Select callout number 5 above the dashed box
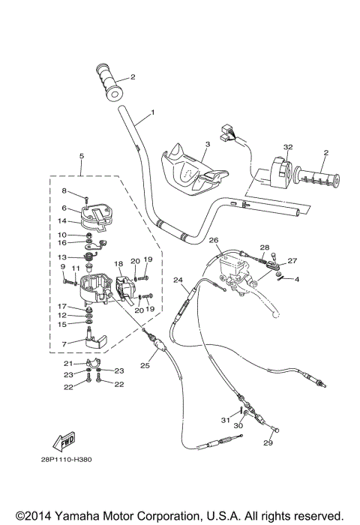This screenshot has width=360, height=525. [x=81, y=156]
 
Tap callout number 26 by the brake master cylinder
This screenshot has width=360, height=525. [x=214, y=240]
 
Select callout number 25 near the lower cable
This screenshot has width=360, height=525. [x=145, y=365]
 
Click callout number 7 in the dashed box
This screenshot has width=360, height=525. [x=64, y=344]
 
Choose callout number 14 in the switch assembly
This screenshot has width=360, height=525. [x=64, y=220]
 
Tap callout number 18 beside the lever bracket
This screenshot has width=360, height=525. [x=118, y=265]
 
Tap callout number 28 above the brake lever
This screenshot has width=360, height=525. [x=264, y=247]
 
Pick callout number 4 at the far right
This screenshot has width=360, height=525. [x=297, y=279]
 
